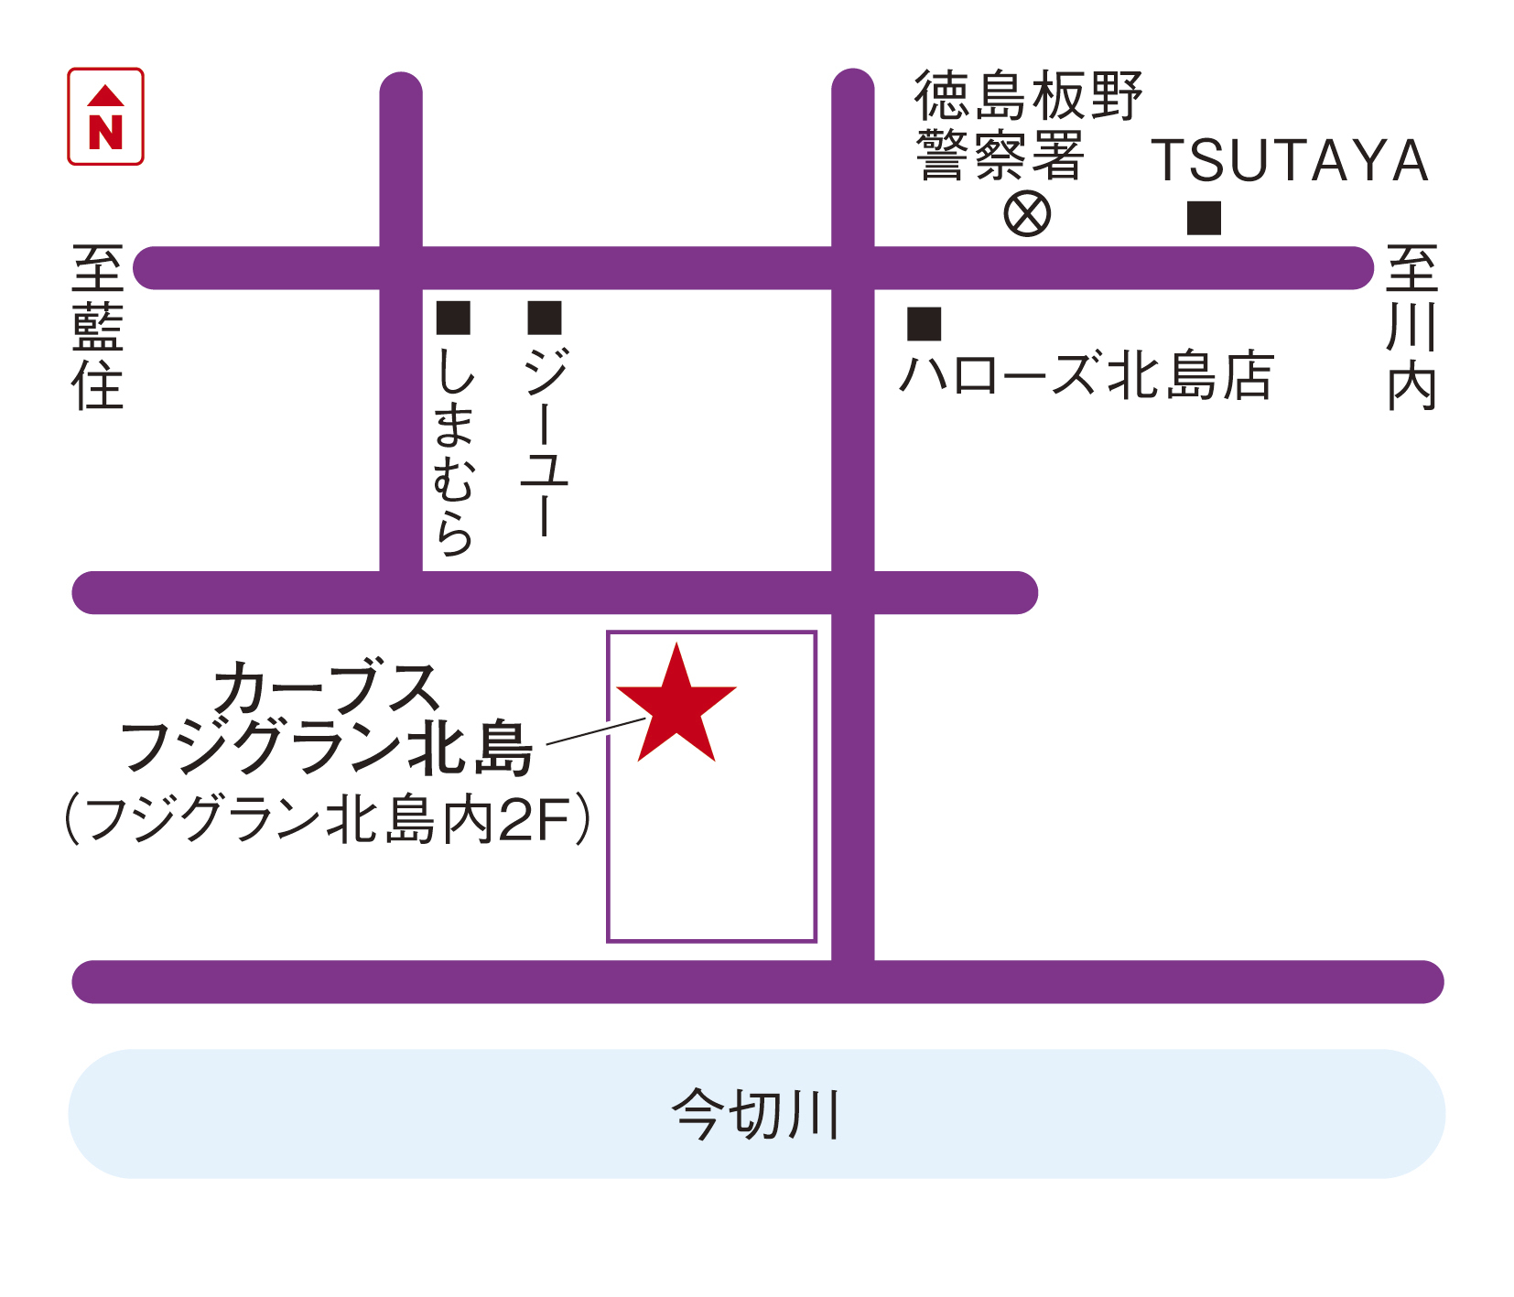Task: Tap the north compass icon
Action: coord(105,116)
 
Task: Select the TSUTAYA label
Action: coord(1289,161)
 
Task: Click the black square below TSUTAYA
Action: coord(1204,218)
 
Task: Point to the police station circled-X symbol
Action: coord(1027,214)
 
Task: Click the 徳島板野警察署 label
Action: coord(1027,124)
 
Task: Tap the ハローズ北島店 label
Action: coord(1087,375)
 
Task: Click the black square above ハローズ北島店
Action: coord(924,324)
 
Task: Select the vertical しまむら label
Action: coord(454,450)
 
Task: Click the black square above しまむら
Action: coord(453,318)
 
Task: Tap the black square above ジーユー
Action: coord(545,318)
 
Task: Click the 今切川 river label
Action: coord(756,1114)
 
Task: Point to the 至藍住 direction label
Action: coord(98,327)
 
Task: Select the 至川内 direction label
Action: coord(1411,327)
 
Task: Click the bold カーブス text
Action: coord(327,688)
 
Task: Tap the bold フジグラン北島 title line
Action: coord(327,748)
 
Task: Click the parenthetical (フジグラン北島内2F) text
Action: coord(327,818)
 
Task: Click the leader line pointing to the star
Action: coord(595,731)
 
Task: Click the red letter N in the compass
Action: coord(105,132)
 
